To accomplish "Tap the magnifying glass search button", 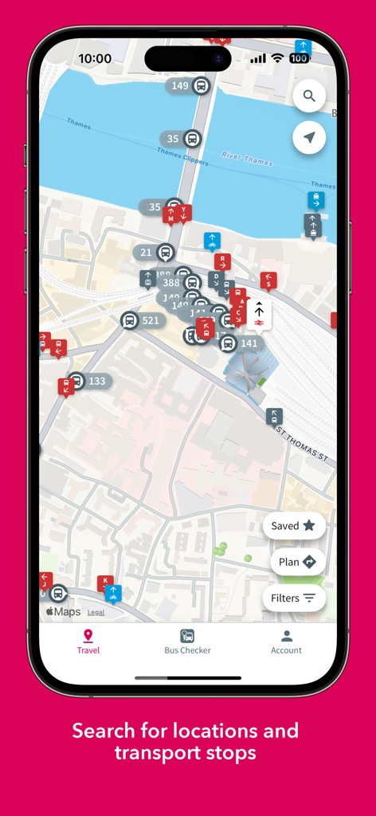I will (x=309, y=96).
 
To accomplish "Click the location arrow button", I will (x=309, y=138).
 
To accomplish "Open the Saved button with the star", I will (x=294, y=526).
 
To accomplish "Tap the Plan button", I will (x=297, y=562).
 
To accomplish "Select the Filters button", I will (x=294, y=598).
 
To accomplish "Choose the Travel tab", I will (x=88, y=641).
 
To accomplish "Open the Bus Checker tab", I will (x=187, y=641).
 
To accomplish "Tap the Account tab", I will (x=286, y=641).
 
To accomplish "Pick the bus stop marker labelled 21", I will (x=155, y=253).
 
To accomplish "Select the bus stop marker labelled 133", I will (x=87, y=381).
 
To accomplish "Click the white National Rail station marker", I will (x=259, y=314).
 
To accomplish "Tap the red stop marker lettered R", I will (x=222, y=261).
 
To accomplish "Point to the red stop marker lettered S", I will (x=268, y=280).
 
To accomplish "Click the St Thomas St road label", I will (x=302, y=444).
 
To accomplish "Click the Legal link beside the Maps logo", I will (x=96, y=612).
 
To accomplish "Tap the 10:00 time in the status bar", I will (x=95, y=58).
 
